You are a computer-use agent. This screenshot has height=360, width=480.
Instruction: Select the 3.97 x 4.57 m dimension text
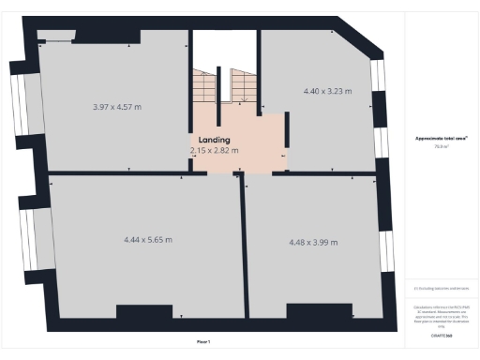point(117,106)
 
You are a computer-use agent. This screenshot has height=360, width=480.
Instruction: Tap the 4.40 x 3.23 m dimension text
point(327,91)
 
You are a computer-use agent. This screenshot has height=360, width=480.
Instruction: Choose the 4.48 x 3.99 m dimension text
point(313,242)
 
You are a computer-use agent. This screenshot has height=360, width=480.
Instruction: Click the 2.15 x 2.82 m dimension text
point(214,150)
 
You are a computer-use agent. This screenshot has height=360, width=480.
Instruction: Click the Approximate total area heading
point(442,139)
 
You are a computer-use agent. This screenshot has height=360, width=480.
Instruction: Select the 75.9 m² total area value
point(442,146)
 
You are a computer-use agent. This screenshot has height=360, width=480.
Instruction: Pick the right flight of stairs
point(241,85)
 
